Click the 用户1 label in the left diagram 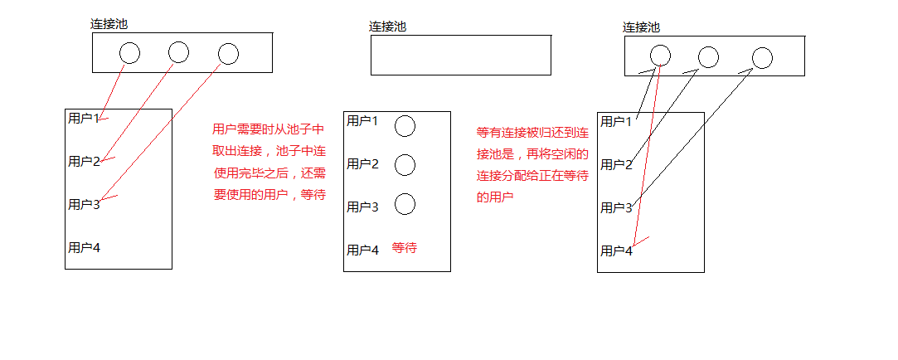tap(83, 118)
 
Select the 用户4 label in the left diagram tap(83, 247)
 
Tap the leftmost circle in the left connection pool tap(129, 53)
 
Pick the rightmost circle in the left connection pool tap(228, 54)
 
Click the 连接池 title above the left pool tap(109, 24)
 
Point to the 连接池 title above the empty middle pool tap(387, 27)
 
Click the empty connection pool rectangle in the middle tap(460, 55)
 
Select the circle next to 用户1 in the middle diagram tap(405, 126)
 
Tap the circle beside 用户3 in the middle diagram tap(405, 204)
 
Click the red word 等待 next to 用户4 tap(404, 248)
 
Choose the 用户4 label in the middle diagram tap(362, 250)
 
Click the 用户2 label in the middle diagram tap(362, 163)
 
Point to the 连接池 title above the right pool tap(641, 27)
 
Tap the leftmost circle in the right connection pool tap(660, 56)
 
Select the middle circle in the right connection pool tap(708, 57)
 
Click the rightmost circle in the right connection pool tap(762, 58)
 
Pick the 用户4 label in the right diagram tap(616, 251)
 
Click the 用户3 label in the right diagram tap(616, 207)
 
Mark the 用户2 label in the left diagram tap(83, 161)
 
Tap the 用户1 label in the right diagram tap(616, 122)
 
